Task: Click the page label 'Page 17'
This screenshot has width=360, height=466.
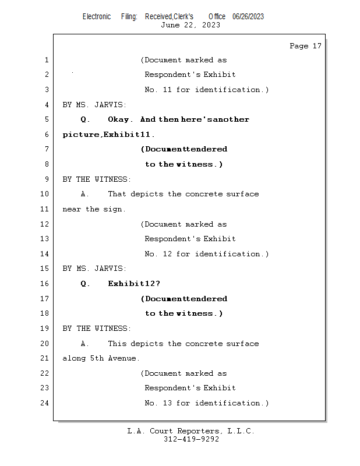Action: pos(305,46)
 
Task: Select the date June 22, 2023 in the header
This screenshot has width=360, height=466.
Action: pos(190,25)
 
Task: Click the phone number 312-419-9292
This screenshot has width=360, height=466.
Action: pos(191,439)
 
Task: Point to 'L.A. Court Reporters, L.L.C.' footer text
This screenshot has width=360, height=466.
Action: pos(191,431)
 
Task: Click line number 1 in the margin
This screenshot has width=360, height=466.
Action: pos(46,60)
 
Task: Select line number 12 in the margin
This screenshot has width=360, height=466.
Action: pos(44,224)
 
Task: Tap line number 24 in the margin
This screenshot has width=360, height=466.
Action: pos(44,403)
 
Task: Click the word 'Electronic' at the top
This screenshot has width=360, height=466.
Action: pos(97,16)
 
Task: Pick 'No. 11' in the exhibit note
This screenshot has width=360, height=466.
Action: pos(158,90)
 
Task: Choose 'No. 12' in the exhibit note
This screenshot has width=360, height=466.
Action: pos(158,254)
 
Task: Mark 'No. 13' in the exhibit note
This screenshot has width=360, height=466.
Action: pos(158,403)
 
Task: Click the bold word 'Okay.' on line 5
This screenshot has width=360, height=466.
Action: pos(121,119)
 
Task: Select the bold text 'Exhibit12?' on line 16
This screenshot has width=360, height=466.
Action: pos(134,284)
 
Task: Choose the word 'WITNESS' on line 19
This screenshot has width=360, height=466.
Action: pos(111,329)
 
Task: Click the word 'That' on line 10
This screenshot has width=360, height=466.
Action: pos(117,194)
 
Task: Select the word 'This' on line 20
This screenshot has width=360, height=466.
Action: pos(117,344)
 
